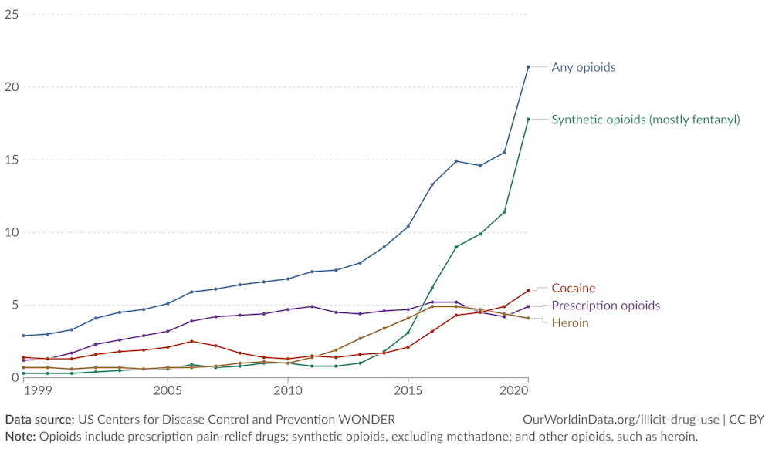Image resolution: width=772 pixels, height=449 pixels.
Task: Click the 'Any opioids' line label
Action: coord(583,67)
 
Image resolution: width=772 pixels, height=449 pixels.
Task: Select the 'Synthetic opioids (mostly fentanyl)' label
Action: coord(645,120)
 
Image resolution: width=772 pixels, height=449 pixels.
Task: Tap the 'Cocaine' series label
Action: coord(573,289)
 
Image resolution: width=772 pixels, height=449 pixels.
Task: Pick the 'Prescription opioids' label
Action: coord(605,306)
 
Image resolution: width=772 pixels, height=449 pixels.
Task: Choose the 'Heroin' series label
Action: coord(570,322)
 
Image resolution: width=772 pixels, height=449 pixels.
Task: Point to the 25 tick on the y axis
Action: coord(12,14)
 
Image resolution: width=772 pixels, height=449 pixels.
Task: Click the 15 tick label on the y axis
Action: coord(12,160)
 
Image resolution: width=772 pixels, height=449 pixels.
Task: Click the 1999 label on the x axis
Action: coord(36,391)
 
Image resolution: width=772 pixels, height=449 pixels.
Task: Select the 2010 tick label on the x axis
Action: coord(288,391)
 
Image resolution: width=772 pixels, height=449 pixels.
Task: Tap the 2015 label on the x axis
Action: coord(408,391)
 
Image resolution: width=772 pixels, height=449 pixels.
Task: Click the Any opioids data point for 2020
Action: coord(528,67)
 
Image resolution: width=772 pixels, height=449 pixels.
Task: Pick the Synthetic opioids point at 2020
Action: coord(528,120)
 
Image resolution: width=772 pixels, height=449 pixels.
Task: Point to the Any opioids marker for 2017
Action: coord(456,161)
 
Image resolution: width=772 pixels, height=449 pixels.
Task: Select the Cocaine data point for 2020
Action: coord(528,291)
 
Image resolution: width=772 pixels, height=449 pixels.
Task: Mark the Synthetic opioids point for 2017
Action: coord(456,247)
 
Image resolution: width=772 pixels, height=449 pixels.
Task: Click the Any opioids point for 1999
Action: coord(24,336)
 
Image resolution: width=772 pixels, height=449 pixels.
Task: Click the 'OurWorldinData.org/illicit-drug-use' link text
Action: coord(621,420)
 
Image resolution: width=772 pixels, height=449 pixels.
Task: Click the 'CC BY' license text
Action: coord(746,420)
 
